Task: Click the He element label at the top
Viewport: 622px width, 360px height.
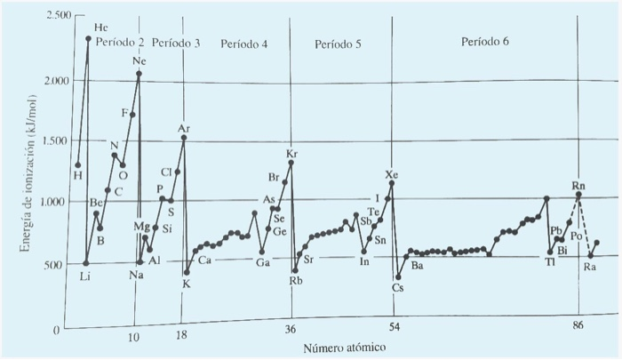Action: (100, 28)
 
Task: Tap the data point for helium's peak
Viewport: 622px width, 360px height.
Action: (88, 38)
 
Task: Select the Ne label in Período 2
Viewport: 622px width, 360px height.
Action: (140, 60)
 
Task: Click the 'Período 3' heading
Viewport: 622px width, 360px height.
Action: (176, 43)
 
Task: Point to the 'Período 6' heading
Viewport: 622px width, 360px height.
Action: (486, 43)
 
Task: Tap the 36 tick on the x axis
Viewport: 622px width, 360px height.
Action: (290, 329)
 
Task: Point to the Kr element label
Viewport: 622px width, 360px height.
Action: (291, 154)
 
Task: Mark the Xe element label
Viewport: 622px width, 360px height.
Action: (392, 173)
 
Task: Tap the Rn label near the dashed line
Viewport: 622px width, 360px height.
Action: (578, 184)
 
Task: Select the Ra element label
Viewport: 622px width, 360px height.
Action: (590, 267)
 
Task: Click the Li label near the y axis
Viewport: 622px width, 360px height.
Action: (84, 276)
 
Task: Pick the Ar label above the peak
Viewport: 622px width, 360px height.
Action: (184, 129)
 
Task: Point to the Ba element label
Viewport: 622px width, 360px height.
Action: (417, 266)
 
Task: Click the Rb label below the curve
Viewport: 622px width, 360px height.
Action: (295, 281)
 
